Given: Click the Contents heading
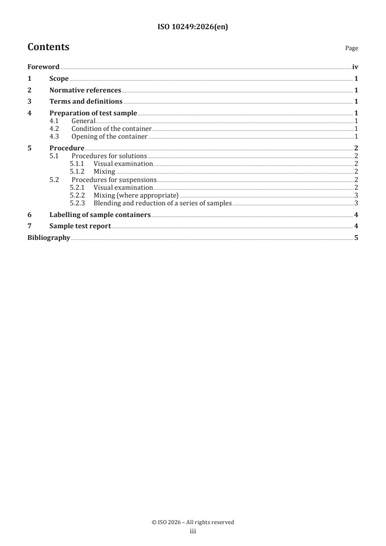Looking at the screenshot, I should click(48, 47).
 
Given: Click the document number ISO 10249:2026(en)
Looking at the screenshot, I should click(193, 27).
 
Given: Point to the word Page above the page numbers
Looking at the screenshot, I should click(351, 48).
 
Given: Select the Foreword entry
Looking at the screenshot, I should click(43, 67).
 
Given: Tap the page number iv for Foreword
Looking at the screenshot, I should click(355, 67).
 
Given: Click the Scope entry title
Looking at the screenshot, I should click(59, 78).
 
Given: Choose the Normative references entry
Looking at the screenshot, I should click(85, 90).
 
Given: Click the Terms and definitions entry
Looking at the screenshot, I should click(86, 102).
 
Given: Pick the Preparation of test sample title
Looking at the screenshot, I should click(93, 113).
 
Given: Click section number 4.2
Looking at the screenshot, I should click(55, 129).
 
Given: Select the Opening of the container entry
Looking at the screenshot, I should click(109, 137).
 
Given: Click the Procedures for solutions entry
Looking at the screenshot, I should click(109, 156).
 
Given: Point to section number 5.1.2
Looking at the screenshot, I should click(77, 171).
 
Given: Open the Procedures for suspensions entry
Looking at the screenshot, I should click(114, 179).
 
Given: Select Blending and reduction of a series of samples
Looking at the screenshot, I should click(163, 202).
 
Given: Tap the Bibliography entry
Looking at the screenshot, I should click(49, 238).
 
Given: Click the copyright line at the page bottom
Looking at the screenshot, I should click(193, 522).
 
